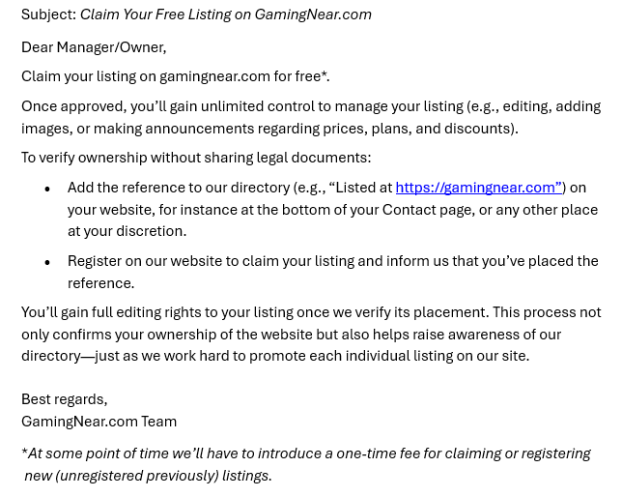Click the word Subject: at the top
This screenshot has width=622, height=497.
48,15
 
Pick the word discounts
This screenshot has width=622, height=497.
479,129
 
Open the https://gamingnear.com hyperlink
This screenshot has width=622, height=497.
478,188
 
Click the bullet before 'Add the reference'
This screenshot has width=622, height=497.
47,189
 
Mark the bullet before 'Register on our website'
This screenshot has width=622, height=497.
47,261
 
